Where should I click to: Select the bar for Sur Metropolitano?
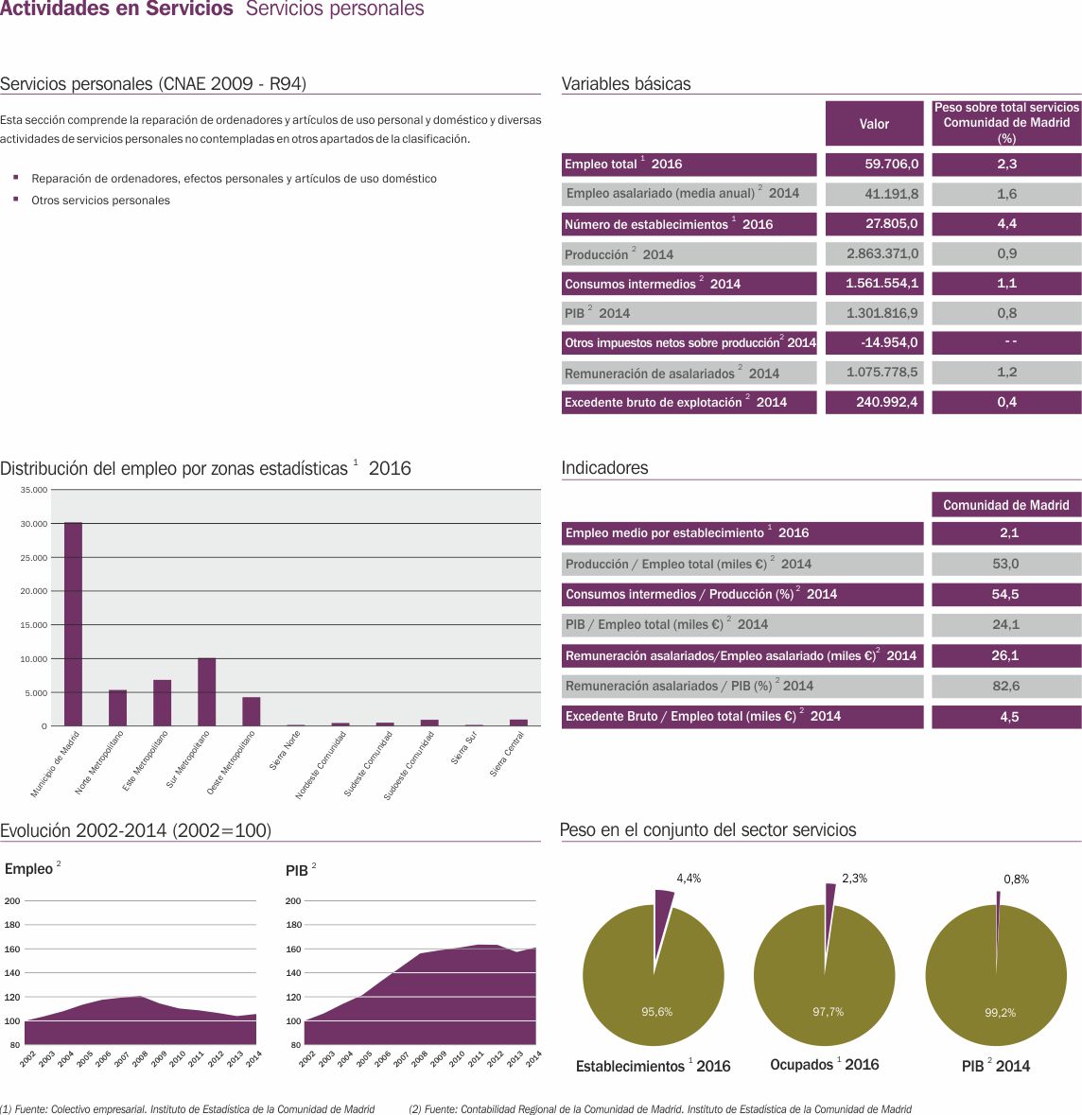(206, 692)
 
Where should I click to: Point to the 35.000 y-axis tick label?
(34, 490)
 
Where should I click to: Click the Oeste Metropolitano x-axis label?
(232, 760)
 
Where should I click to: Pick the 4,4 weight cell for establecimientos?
(1006, 224)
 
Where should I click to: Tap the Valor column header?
(874, 124)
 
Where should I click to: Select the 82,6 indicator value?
(1006, 686)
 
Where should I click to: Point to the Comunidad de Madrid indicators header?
(1006, 505)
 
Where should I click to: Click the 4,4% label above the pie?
(689, 879)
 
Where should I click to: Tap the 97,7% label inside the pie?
(828, 1012)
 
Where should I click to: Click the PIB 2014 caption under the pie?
(995, 1066)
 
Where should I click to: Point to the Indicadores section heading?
(605, 468)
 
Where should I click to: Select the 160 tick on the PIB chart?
(293, 949)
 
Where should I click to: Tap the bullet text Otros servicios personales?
(100, 200)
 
